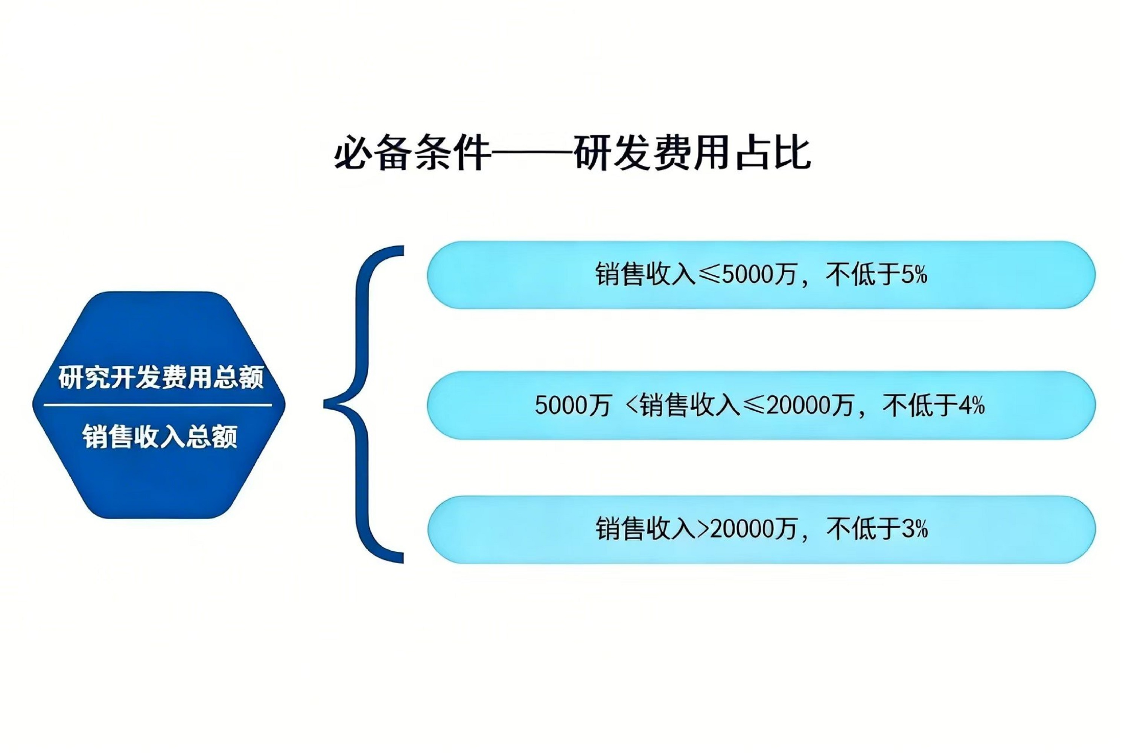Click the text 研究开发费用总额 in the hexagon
click(x=161, y=378)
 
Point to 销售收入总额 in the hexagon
click(x=160, y=436)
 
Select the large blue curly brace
click(x=364, y=404)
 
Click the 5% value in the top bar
click(x=914, y=275)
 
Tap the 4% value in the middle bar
click(x=972, y=405)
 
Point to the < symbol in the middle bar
click(x=632, y=405)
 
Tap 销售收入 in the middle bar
click(x=690, y=405)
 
